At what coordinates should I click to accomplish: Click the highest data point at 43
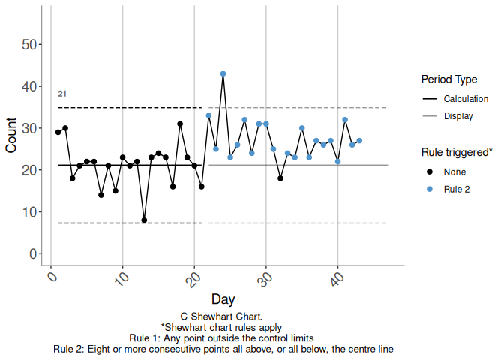click(x=223, y=73)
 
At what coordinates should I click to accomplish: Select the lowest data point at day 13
click(x=144, y=220)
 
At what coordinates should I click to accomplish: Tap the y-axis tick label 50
click(x=30, y=45)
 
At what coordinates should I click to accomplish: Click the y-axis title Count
click(x=11, y=135)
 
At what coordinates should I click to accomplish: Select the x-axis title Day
click(x=223, y=299)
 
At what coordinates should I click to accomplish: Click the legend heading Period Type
click(x=450, y=79)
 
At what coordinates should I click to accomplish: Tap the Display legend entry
click(x=458, y=116)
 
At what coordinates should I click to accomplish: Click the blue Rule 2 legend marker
click(x=430, y=189)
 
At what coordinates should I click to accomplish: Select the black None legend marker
click(x=430, y=172)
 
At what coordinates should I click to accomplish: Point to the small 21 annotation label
click(x=62, y=94)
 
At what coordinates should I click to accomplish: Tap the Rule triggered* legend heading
click(x=457, y=151)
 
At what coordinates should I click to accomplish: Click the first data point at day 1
click(x=58, y=133)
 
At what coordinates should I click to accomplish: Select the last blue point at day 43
click(x=359, y=141)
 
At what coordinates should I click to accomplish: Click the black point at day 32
click(x=280, y=178)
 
